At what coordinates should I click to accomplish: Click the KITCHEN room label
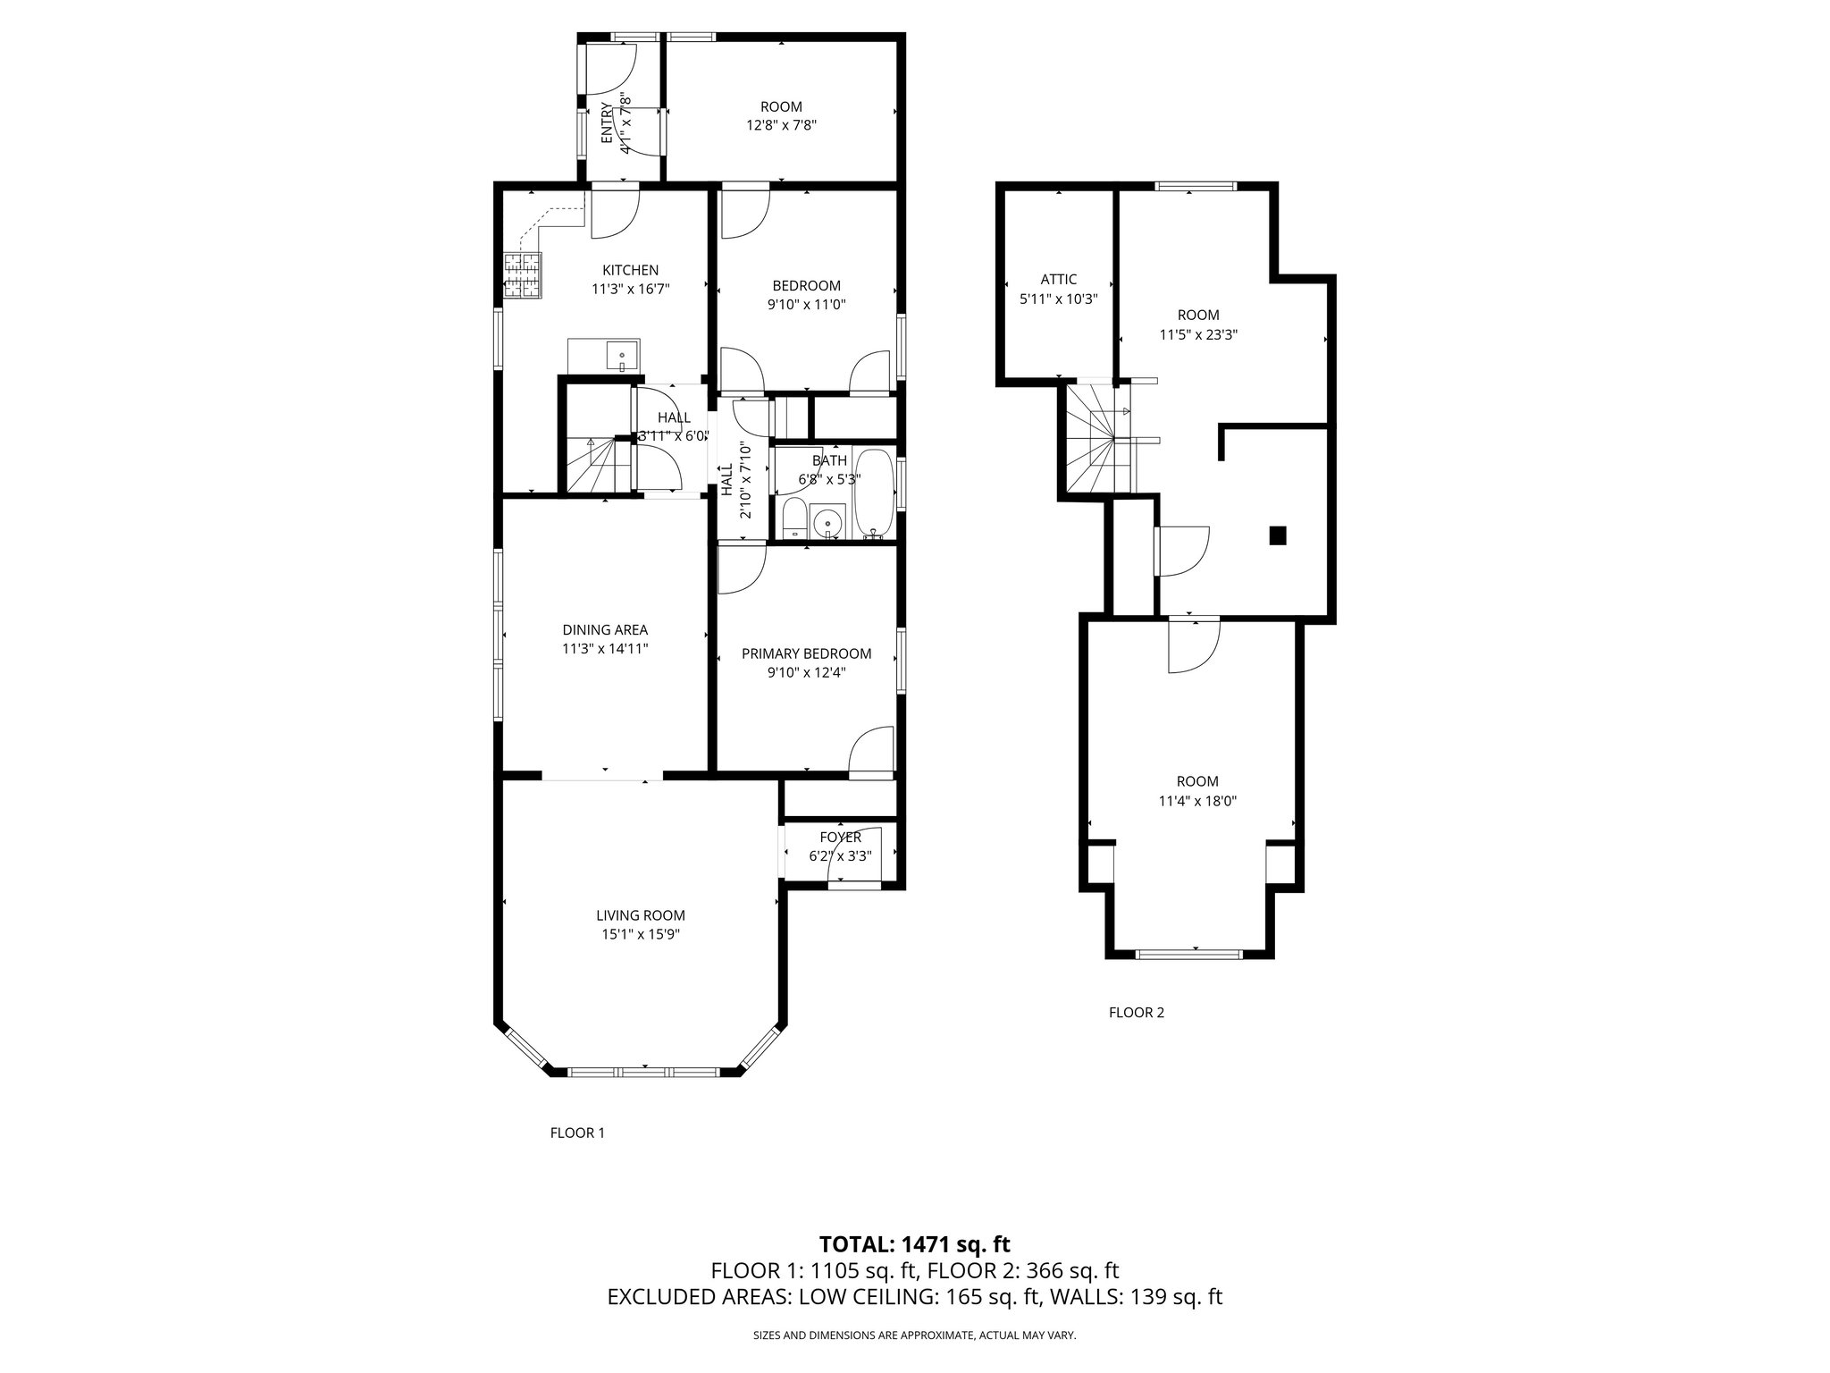tap(630, 270)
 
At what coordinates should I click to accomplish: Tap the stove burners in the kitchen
tap(523, 275)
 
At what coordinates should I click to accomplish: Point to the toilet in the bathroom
tap(793, 521)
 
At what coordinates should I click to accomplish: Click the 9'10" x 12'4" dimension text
tap(806, 671)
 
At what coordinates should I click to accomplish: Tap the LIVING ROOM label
tap(641, 915)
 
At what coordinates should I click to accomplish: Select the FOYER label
tap(840, 838)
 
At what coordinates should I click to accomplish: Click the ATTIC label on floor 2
tap(1058, 280)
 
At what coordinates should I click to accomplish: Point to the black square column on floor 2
tap(1278, 535)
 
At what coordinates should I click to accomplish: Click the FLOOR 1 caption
tap(577, 1133)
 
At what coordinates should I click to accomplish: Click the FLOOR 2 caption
tap(1137, 1013)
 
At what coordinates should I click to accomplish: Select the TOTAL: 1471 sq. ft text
tap(914, 1243)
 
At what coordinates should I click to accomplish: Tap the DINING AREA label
tap(605, 630)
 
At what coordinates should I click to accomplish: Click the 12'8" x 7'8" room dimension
tap(782, 125)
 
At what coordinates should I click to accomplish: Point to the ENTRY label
tap(607, 122)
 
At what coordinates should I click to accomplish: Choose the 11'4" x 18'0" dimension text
tap(1197, 802)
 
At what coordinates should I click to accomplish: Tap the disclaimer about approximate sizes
tap(914, 1335)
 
